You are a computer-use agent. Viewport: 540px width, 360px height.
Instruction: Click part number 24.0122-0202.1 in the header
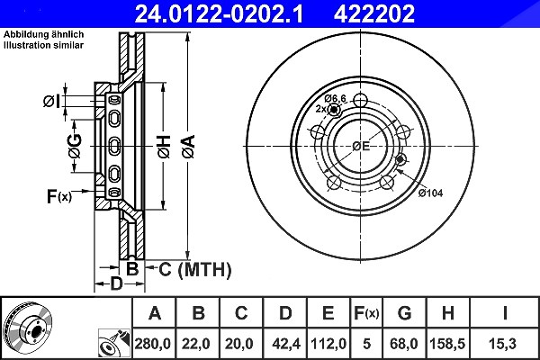pyautogui.click(x=219, y=13)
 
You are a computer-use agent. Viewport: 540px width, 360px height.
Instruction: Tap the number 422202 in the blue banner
pyautogui.click(x=374, y=13)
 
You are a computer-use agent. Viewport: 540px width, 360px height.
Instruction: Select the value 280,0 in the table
pyautogui.click(x=153, y=344)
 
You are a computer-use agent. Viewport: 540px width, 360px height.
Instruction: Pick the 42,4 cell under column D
pyautogui.click(x=286, y=344)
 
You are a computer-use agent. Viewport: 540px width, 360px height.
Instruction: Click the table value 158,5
pyautogui.click(x=447, y=344)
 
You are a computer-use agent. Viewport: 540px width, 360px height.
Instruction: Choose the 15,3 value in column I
pyautogui.click(x=502, y=344)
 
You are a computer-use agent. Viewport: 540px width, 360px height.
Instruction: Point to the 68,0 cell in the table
pyautogui.click(x=403, y=344)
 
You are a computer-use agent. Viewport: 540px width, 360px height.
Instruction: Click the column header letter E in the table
pyautogui.click(x=328, y=313)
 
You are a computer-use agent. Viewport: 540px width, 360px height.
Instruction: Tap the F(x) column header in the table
pyautogui.click(x=366, y=313)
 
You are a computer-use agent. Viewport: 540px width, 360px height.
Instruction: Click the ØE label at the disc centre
pyautogui.click(x=361, y=146)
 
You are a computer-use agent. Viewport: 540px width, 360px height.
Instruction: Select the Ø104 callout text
pyautogui.click(x=430, y=193)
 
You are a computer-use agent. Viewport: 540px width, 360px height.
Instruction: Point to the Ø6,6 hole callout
pyautogui.click(x=335, y=98)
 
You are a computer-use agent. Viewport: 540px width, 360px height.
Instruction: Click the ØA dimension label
pyautogui.click(x=188, y=147)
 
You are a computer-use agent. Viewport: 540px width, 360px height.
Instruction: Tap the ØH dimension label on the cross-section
pyautogui.click(x=164, y=147)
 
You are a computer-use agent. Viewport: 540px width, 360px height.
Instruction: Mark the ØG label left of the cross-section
pyautogui.click(x=76, y=146)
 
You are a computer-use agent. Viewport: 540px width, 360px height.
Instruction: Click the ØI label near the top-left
pyautogui.click(x=51, y=102)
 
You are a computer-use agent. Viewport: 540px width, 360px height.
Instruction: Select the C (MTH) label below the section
pyautogui.click(x=195, y=269)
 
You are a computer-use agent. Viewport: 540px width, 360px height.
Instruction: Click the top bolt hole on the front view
pyautogui.click(x=360, y=101)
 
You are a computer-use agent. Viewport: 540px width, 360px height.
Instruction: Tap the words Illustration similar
pyautogui.click(x=44, y=45)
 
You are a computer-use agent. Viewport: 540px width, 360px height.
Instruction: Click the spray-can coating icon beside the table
pyautogui.click(x=114, y=344)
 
